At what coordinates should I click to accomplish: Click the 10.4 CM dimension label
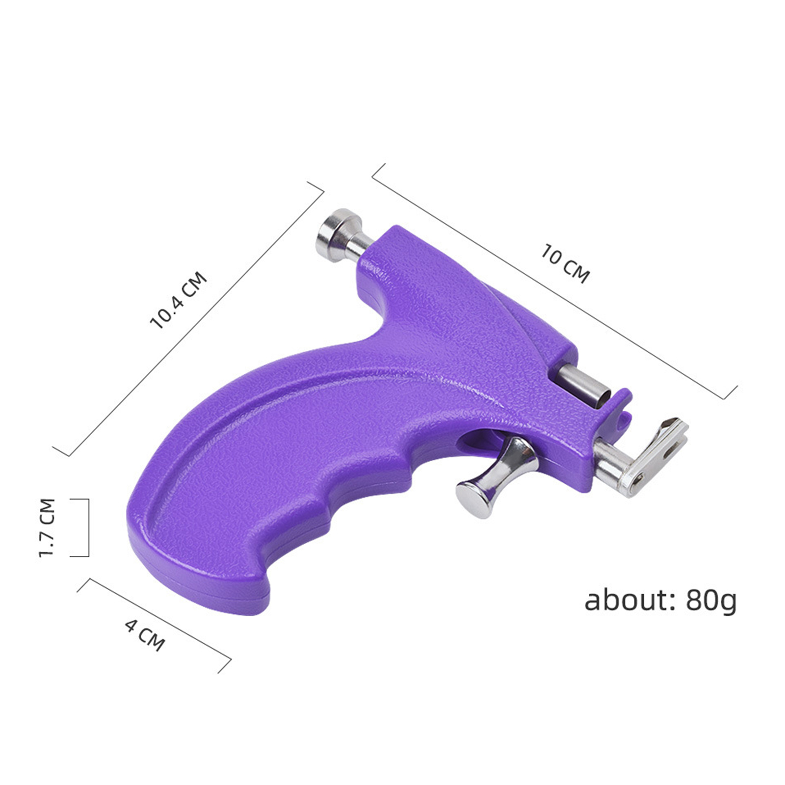pyautogui.click(x=179, y=300)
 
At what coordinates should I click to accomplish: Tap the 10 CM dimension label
pyautogui.click(x=565, y=263)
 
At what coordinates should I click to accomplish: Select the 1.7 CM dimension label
pyautogui.click(x=48, y=527)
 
